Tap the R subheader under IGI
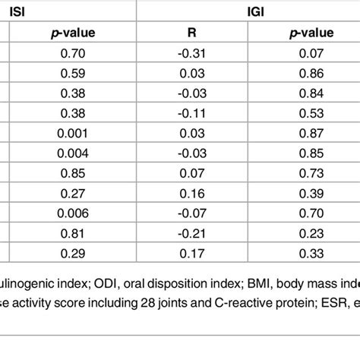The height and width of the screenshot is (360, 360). click(191, 33)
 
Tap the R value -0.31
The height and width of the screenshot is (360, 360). click(191, 54)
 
